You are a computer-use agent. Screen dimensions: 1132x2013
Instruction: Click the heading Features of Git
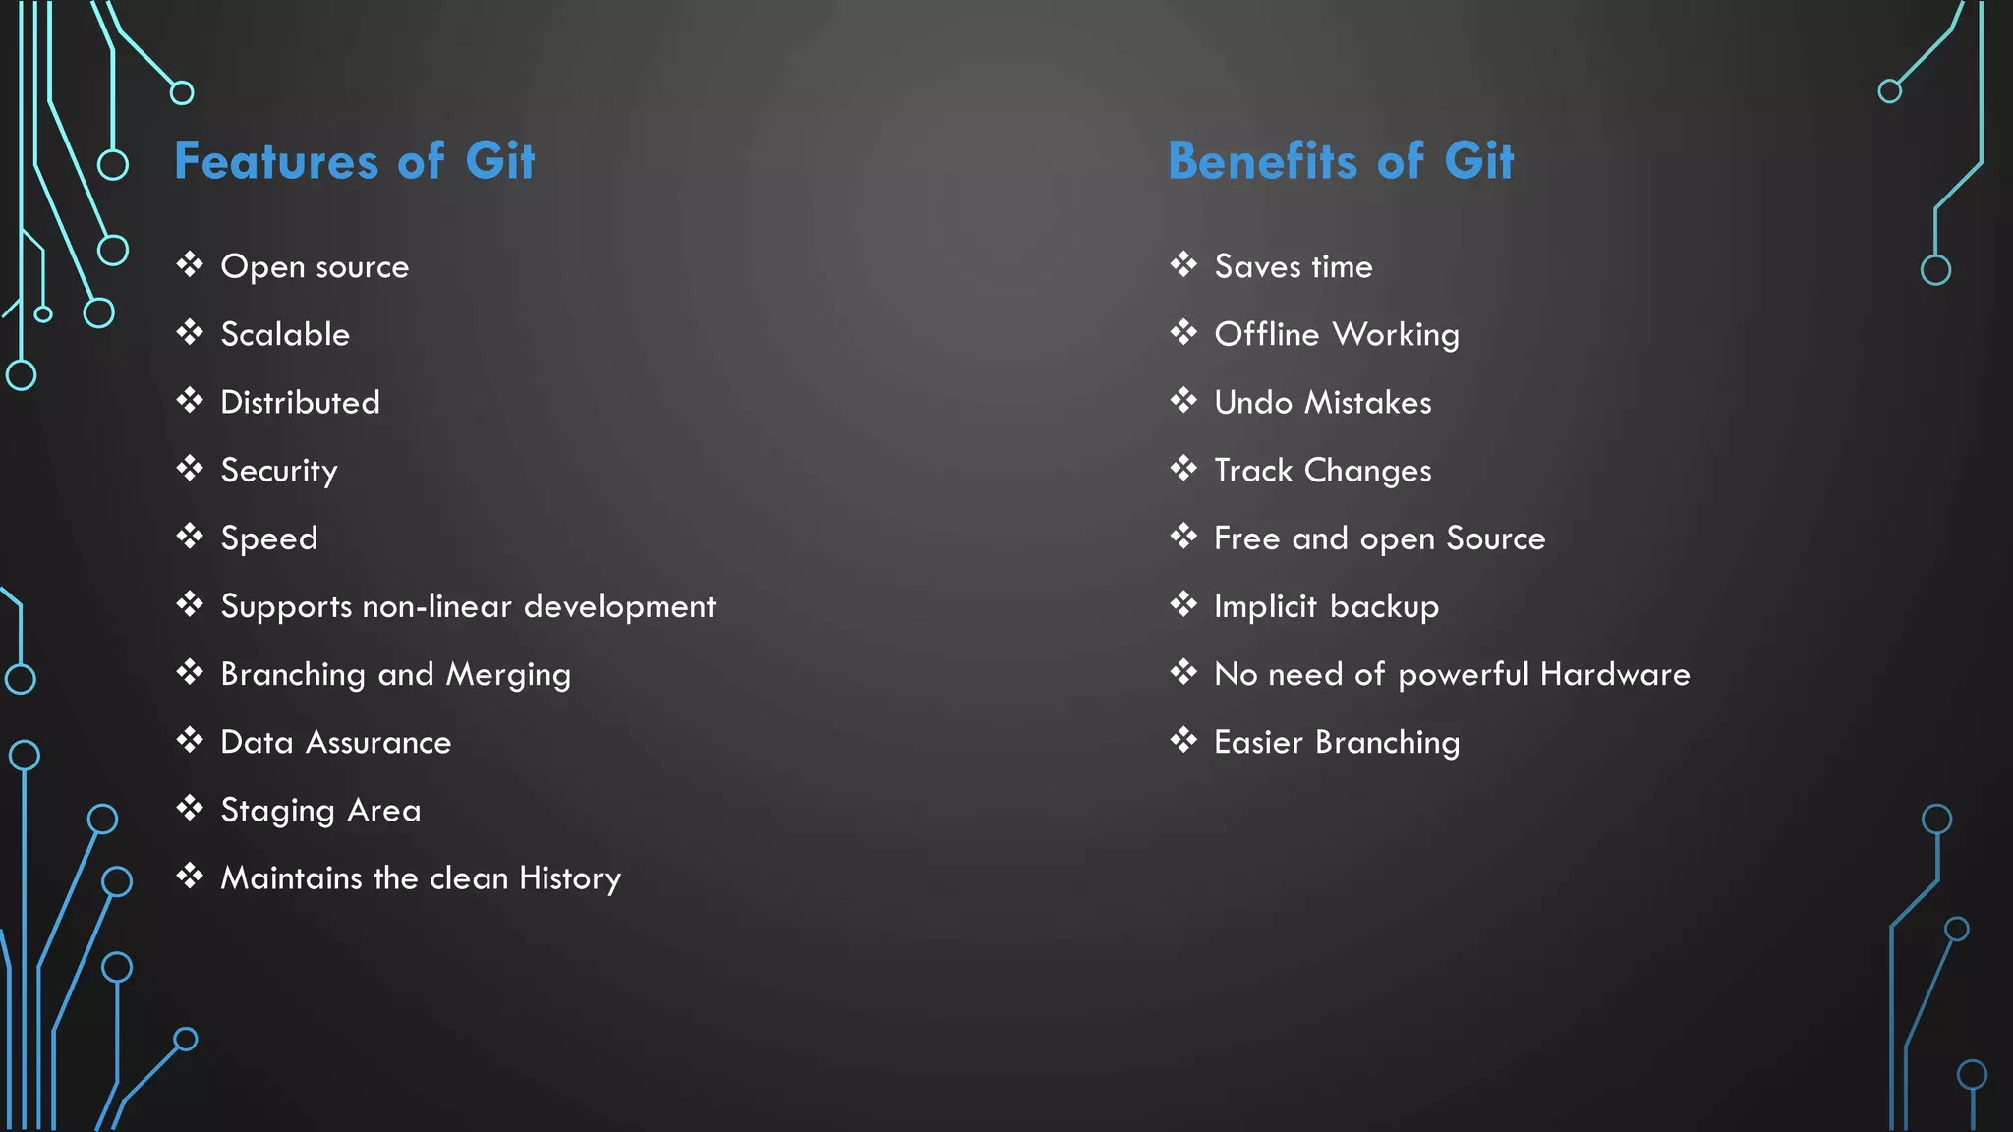pyautogui.click(x=354, y=161)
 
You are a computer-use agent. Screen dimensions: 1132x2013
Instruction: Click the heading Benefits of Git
pyautogui.click(x=1341, y=161)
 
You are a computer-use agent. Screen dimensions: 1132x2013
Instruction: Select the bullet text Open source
pyautogui.click(x=315, y=267)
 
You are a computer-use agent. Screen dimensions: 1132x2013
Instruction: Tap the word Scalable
pyautogui.click(x=285, y=335)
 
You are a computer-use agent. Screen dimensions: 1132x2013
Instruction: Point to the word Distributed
pyautogui.click(x=300, y=403)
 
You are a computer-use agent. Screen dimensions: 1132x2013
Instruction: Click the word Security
pyautogui.click(x=279, y=471)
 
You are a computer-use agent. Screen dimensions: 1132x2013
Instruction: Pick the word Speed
pyautogui.click(x=269, y=538)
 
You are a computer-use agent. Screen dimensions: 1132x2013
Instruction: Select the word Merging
pyautogui.click(x=508, y=675)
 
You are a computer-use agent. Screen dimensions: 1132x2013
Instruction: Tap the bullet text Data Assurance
pyautogui.click(x=336, y=743)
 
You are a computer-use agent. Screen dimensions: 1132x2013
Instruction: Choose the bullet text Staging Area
pyautogui.click(x=320, y=811)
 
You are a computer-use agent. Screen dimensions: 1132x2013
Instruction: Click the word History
pyautogui.click(x=570, y=878)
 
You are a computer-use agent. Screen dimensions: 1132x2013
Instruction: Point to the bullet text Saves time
pyautogui.click(x=1294, y=267)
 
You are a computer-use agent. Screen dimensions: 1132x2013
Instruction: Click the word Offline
pyautogui.click(x=1267, y=335)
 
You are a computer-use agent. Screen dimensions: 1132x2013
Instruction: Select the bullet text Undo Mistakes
pyautogui.click(x=1323, y=403)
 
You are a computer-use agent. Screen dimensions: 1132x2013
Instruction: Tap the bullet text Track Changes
pyautogui.click(x=1323, y=471)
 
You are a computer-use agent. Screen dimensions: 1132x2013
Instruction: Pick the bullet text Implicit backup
pyautogui.click(x=1327, y=606)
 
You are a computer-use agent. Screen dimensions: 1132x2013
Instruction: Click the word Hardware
pyautogui.click(x=1615, y=675)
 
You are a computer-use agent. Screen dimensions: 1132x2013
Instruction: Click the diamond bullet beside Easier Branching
pyautogui.click(x=1183, y=740)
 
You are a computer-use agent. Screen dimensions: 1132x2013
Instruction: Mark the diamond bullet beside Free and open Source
pyautogui.click(x=1183, y=537)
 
